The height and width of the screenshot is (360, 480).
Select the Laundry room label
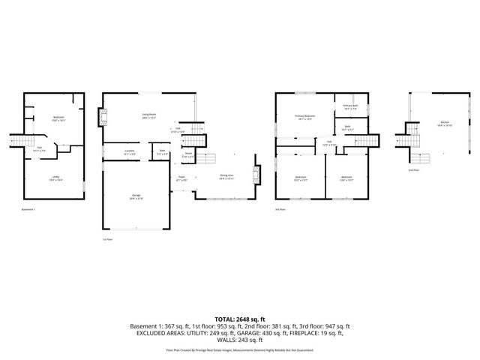(129, 152)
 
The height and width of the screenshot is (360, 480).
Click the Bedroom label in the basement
(58, 118)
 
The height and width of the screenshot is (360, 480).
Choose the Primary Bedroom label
(304, 117)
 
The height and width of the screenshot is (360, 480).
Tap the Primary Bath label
(349, 107)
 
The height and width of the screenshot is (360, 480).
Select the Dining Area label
(226, 178)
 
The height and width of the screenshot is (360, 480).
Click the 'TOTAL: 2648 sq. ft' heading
(240, 319)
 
